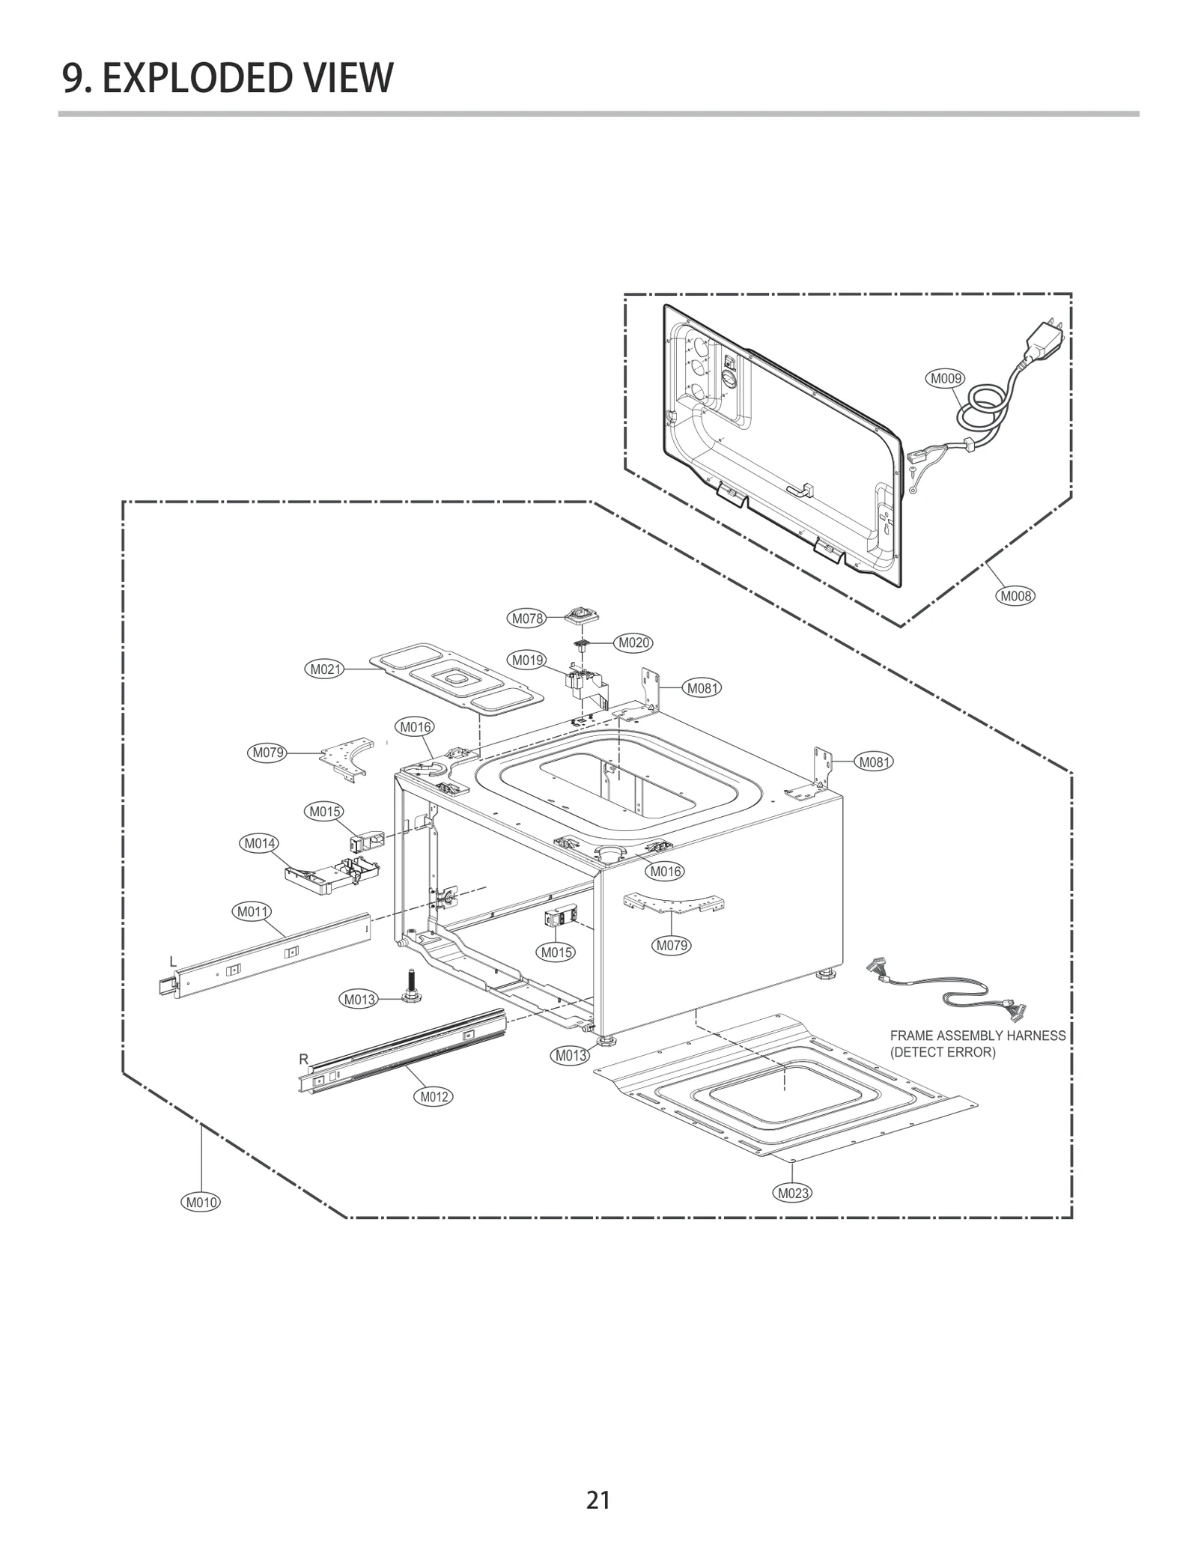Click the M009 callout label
click(946, 379)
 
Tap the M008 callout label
click(1016, 596)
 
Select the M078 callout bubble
click(527, 619)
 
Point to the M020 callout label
click(633, 643)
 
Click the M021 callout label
click(326, 669)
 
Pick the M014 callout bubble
click(259, 843)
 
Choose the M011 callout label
click(252, 912)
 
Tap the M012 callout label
click(434, 1097)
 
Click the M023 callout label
click(792, 1193)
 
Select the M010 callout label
click(201, 1203)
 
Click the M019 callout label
click(527, 660)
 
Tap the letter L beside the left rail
click(173, 962)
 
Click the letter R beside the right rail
click(303, 1060)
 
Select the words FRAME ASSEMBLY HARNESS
click(977, 1036)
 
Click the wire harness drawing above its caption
click(947, 987)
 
